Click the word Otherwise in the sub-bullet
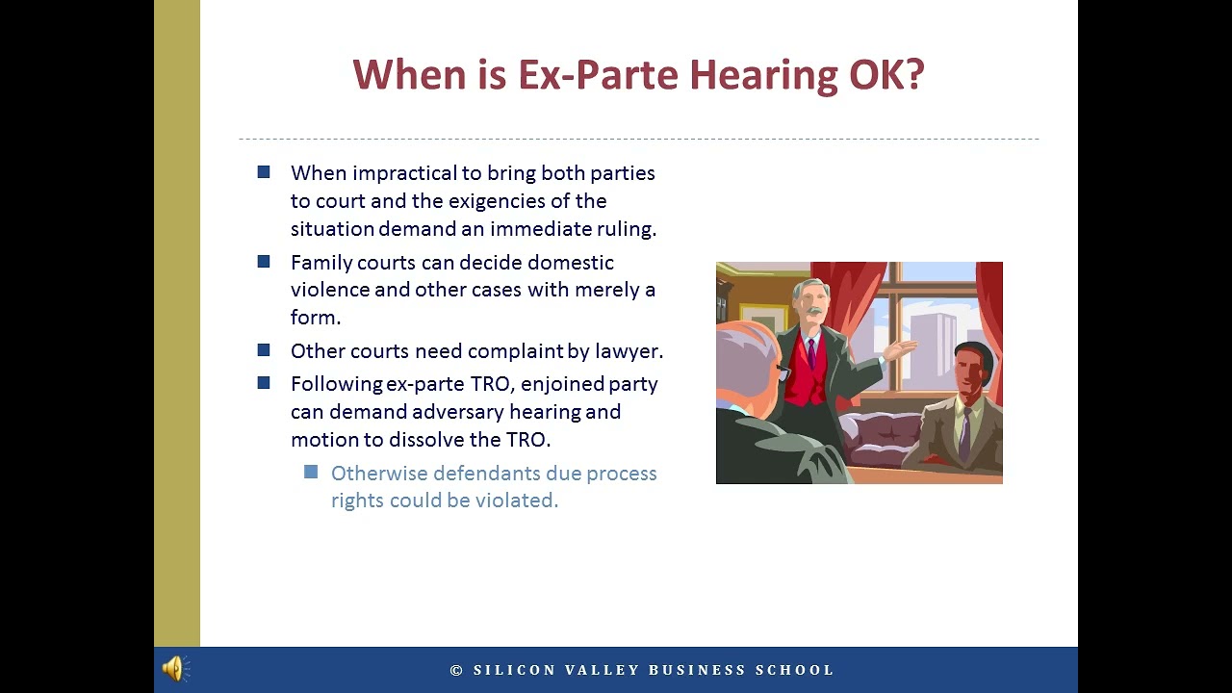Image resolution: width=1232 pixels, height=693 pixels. pyautogui.click(x=378, y=474)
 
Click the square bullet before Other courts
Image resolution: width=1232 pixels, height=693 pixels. pyautogui.click(x=264, y=350)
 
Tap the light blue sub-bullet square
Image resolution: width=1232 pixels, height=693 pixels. pyautogui.click(x=311, y=472)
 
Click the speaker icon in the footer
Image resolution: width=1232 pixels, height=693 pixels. pyautogui.click(x=175, y=669)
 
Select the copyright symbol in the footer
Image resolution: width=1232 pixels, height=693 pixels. pyautogui.click(x=457, y=670)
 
